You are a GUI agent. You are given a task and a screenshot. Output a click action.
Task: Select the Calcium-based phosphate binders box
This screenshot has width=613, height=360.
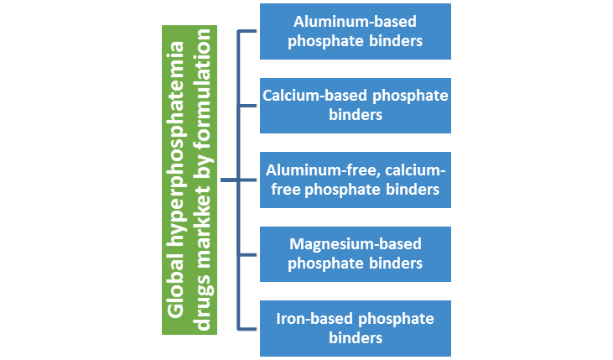[355, 105]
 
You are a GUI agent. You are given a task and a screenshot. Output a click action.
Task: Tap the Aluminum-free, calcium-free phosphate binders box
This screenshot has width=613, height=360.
[355, 180]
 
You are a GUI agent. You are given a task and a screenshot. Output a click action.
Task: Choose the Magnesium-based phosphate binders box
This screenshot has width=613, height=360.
[355, 253]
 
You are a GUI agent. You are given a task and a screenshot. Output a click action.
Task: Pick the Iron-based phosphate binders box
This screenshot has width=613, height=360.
[355, 327]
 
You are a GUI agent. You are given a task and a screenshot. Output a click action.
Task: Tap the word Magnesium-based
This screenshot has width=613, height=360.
[355, 243]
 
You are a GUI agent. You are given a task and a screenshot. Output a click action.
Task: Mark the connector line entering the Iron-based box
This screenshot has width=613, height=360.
[248, 327]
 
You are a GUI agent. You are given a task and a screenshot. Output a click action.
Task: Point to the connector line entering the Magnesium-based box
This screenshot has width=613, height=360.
[248, 253]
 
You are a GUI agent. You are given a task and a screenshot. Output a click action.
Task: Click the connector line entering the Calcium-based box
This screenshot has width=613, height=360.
[248, 105]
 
